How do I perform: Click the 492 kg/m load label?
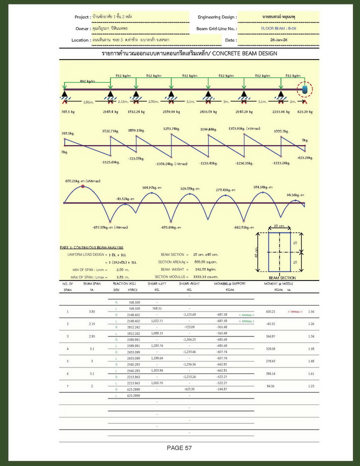click(x=87, y=81)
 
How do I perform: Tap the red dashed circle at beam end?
click(x=303, y=90)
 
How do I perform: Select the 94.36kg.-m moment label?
click(x=295, y=195)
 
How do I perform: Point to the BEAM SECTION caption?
click(x=282, y=278)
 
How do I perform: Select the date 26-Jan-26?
click(x=278, y=39)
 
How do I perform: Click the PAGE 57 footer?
click(x=179, y=448)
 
